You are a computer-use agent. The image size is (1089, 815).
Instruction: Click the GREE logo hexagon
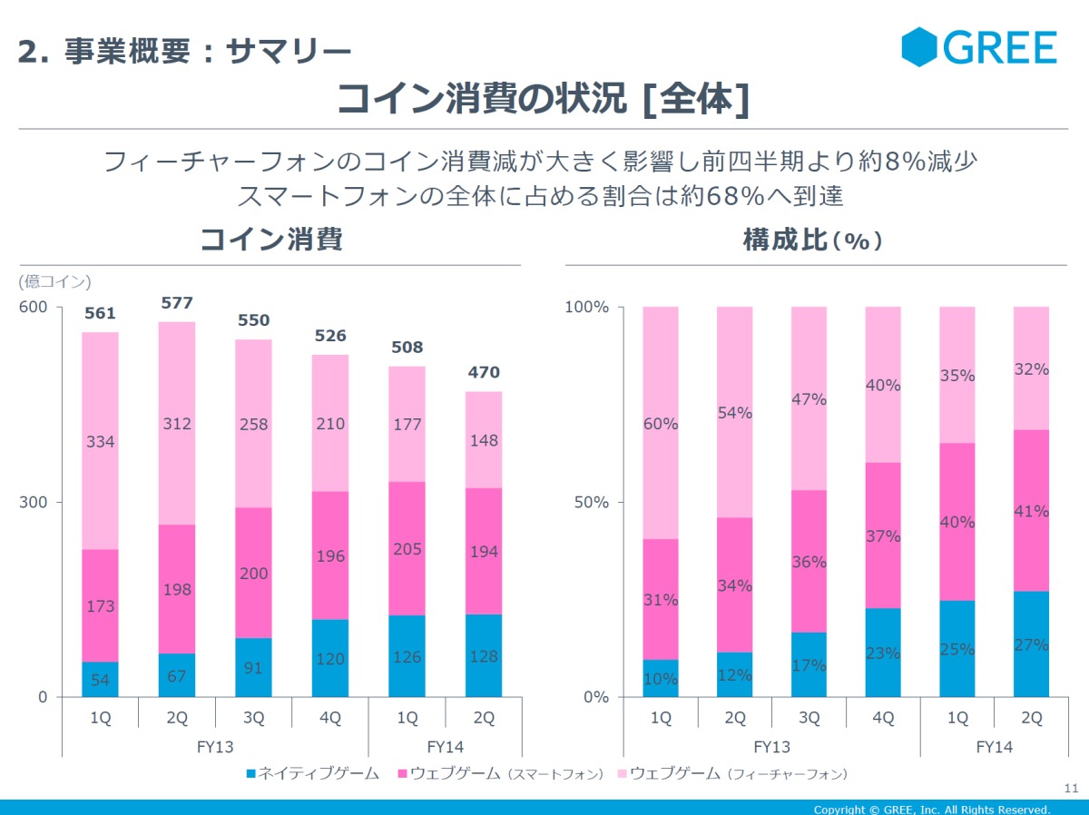918,47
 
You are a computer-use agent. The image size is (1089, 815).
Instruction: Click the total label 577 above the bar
176,303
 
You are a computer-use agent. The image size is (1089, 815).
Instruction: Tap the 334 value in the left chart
100,442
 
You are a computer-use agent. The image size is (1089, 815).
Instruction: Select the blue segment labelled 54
100,680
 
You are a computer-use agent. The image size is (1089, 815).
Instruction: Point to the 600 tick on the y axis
33,307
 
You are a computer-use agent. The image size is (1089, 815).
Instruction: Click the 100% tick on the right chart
586,307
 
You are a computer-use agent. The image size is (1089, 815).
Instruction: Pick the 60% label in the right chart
661,424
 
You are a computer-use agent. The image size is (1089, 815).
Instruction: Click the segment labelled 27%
1031,644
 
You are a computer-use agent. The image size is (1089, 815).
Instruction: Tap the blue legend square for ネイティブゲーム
251,774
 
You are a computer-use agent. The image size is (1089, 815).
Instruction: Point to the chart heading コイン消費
270,240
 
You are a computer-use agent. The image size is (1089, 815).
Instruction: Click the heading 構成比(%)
813,240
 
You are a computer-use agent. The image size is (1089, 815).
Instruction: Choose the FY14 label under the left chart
446,747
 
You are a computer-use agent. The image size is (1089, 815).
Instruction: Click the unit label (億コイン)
54,281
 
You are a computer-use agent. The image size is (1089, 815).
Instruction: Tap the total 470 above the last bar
484,372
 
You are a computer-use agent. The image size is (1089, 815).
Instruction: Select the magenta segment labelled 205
407,548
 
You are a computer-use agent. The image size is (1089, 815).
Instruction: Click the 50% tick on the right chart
591,502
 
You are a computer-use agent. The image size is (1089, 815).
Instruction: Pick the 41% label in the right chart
1031,511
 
